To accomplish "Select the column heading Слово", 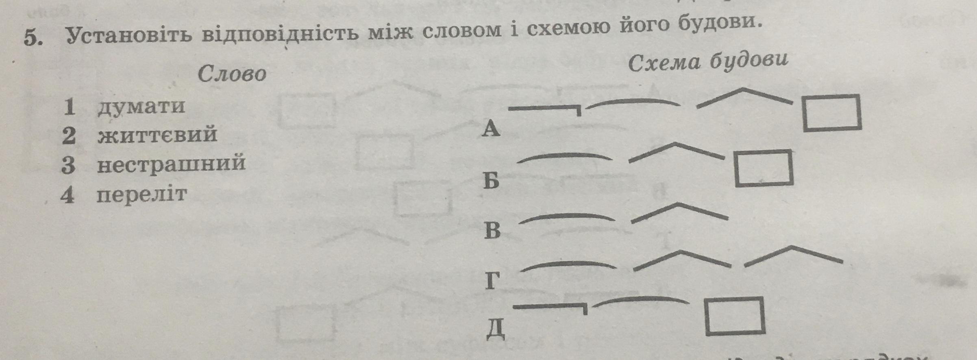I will pos(232,74).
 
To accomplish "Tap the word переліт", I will pos(141,195).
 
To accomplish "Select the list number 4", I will pos(67,196).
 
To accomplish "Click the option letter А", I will pos(491,129).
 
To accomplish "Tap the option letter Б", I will pos(491,181).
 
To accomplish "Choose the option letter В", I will pos(492,230).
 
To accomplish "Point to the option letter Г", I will pos(492,281).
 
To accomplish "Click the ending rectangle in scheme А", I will pos(832,113).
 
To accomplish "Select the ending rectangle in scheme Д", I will pos(735,316).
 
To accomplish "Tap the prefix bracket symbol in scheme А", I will pos(545,109).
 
